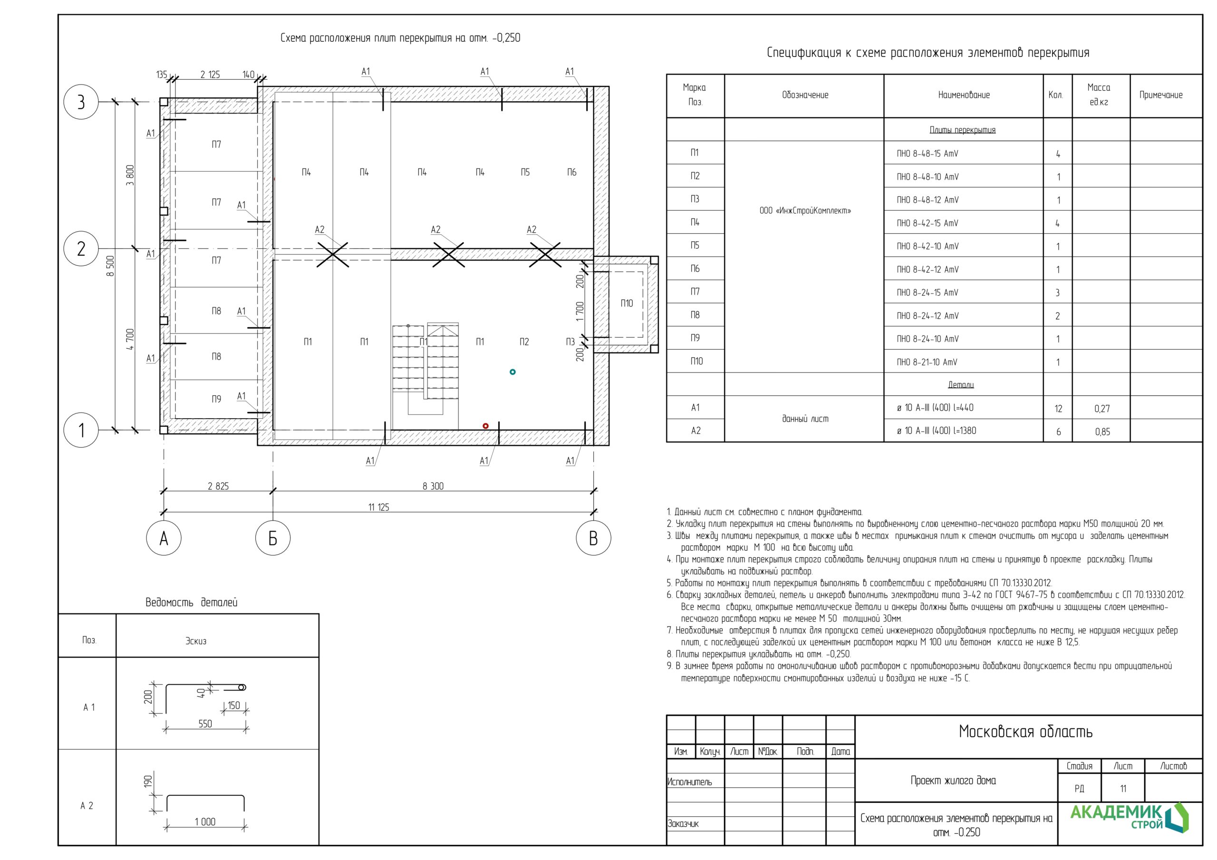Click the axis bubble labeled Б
pos(272,538)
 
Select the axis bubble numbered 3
pos(81,101)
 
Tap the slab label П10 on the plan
pos(627,304)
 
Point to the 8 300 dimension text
pos(433,486)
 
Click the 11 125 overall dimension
pos(378,507)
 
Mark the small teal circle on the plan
pos(512,372)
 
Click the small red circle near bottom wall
pos(485,426)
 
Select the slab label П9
pos(216,399)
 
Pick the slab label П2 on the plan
pos(524,342)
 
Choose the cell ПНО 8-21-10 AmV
pos(927,362)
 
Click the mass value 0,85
pos(1102,432)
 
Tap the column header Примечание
pos(1161,95)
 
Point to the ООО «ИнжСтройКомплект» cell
pos(805,210)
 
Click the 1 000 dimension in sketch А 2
pos(205,822)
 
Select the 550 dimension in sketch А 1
pos(205,724)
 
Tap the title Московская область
pos(1025,732)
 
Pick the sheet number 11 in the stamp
pos(1123,788)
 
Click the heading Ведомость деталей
pos(192,602)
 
